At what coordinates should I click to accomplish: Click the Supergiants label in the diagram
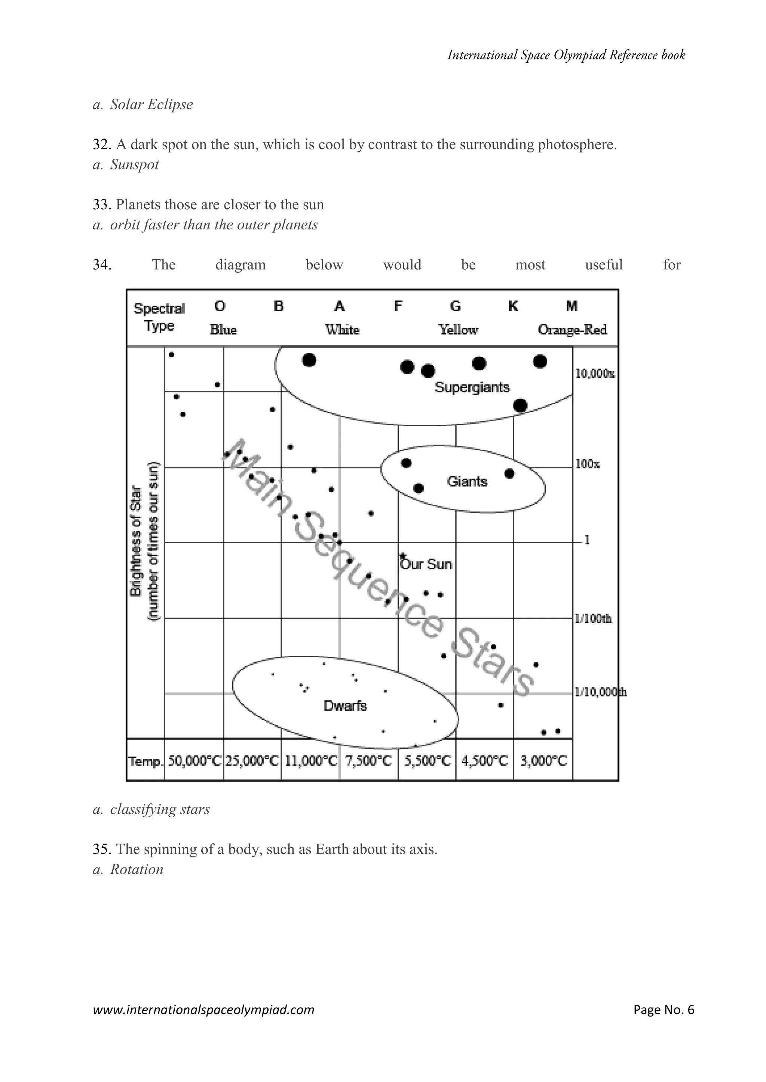(472, 387)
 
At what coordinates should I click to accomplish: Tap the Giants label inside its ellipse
(467, 482)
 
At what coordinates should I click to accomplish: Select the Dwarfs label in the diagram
(345, 705)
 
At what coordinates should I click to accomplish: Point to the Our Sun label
(426, 564)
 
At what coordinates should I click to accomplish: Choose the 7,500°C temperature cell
(368, 761)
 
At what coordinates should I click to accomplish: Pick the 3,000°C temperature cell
(543, 761)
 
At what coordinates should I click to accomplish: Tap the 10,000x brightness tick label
(594, 374)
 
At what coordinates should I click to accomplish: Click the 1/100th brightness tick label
(593, 618)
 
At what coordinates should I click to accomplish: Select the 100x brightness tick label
(587, 464)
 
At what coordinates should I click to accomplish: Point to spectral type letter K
(513, 306)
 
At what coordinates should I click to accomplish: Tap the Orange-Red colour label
(572, 330)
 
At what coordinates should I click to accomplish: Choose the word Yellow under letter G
(458, 330)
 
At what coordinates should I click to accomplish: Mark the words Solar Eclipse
(151, 104)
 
